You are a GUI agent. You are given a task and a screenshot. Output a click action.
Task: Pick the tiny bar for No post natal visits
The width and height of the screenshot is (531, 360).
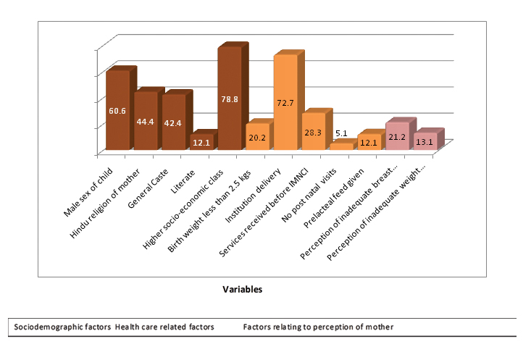coord(340,146)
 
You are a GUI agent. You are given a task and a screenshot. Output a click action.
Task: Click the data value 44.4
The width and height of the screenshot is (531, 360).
coord(146,122)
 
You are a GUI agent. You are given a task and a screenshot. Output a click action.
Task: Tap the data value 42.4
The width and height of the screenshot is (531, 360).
coord(173,123)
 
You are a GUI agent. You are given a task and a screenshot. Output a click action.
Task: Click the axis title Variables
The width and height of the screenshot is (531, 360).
coord(243,288)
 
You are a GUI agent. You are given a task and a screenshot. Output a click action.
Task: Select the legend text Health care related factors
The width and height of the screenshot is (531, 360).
coord(164,327)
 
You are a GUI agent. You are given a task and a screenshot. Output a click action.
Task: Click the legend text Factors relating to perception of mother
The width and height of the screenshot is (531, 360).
coord(318,327)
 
